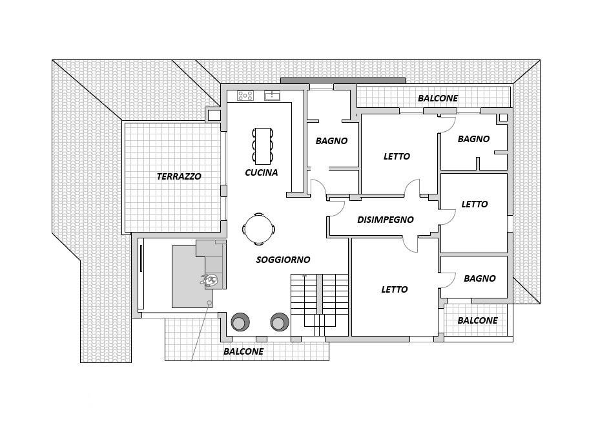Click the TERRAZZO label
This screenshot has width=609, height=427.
click(179, 176)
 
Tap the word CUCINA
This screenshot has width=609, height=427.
click(262, 172)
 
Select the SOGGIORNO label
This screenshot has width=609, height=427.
click(283, 260)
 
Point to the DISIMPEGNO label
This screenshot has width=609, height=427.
click(386, 220)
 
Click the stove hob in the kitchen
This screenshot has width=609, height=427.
click(245, 96)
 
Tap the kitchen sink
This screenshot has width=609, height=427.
click(273, 95)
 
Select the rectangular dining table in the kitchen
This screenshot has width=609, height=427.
click(263, 146)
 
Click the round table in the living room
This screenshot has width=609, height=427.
click(259, 229)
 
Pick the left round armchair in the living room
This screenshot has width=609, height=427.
click(240, 322)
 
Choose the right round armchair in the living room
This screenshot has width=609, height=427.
click(280, 322)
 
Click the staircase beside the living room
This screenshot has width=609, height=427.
click(320, 305)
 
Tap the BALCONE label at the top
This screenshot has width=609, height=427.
click(438, 98)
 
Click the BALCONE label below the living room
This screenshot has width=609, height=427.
click(243, 351)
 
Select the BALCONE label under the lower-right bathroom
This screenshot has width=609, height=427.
click(477, 320)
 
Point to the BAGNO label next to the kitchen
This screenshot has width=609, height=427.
click(331, 141)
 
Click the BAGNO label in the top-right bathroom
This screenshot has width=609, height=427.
click(473, 139)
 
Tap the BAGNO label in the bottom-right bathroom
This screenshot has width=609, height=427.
click(480, 278)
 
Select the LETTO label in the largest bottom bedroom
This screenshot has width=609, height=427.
click(394, 289)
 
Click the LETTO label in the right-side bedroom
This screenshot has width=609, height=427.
click(474, 204)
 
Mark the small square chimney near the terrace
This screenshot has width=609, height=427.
click(214, 115)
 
